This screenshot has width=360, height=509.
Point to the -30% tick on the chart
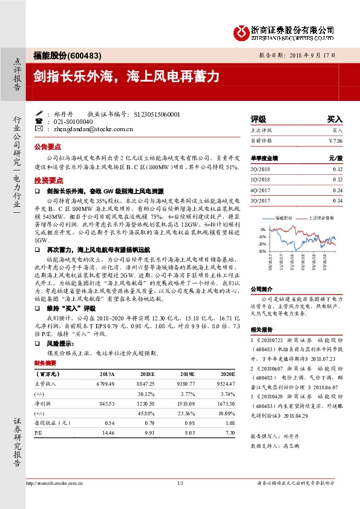tap(261, 251)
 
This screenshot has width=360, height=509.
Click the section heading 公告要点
tap(48, 147)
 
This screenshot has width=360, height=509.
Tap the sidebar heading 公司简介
tap(263, 289)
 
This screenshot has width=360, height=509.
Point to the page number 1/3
tap(180, 483)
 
